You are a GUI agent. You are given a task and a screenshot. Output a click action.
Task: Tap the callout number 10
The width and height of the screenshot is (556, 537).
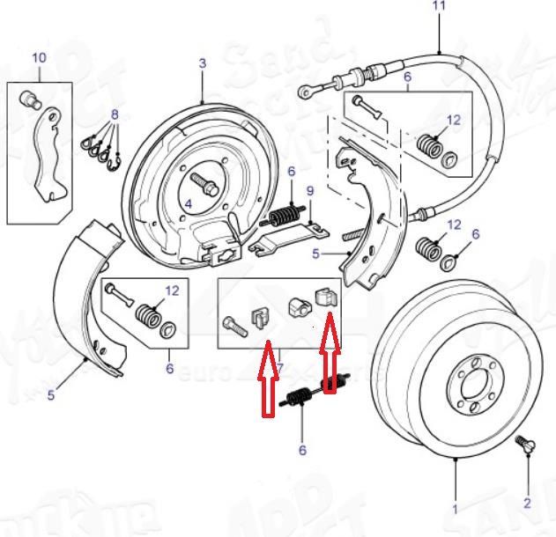[x=38, y=58]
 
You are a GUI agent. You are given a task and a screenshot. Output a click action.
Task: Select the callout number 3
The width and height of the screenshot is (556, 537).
[x=202, y=63]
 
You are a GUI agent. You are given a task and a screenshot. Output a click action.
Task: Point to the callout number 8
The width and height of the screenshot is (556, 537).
[x=114, y=115]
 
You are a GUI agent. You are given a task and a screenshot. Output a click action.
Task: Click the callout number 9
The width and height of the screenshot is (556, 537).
[x=309, y=191]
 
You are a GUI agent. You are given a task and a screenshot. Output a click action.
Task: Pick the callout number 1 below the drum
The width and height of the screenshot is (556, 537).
[x=455, y=509]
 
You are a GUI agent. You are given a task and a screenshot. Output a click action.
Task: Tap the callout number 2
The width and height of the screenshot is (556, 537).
[x=527, y=503]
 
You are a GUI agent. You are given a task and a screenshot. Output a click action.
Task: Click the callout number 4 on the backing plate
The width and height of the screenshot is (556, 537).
[x=187, y=204]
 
